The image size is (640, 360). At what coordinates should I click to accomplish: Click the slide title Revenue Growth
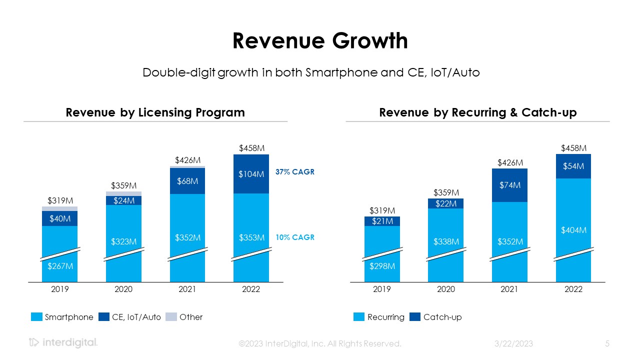320,41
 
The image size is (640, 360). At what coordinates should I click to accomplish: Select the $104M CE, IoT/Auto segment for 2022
251,174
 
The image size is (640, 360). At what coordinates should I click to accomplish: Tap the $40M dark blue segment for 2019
60,218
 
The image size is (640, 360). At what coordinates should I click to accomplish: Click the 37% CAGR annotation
295,172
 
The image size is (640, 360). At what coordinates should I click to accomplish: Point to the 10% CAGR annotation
295,237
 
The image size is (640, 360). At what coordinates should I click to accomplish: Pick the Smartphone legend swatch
36,317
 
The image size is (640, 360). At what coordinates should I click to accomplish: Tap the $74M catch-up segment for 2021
509,185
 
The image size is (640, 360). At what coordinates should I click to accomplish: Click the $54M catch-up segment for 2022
573,166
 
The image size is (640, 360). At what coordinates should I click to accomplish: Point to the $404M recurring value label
573,230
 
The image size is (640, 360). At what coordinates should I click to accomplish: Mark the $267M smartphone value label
60,266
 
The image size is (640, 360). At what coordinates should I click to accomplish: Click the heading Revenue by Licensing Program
155,112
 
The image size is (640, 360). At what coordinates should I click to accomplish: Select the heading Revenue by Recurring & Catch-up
477,112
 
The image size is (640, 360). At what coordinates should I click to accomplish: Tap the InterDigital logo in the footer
63,343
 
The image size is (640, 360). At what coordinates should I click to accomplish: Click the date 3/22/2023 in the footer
513,343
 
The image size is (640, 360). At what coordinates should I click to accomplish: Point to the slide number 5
607,343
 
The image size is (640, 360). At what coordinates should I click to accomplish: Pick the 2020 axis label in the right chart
446,289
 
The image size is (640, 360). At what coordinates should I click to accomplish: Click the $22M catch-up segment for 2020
446,203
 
